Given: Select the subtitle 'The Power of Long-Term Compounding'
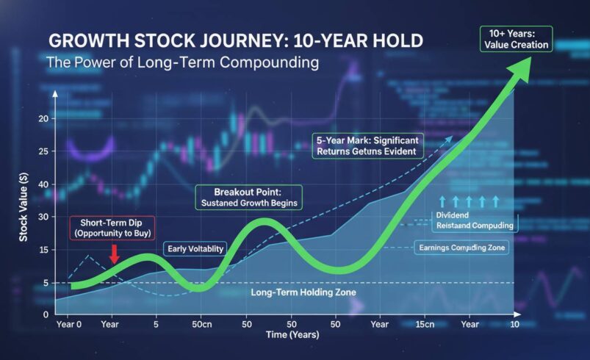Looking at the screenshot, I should [x=182, y=63].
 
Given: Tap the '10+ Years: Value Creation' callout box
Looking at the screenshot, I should [x=524, y=39].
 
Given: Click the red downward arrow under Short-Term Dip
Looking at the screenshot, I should [x=114, y=253].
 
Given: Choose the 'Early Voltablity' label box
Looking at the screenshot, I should [x=195, y=249].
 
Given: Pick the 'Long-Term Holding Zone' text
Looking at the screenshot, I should [x=303, y=292].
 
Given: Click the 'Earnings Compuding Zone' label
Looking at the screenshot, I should [x=463, y=248].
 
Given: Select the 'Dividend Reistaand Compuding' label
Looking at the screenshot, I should [x=474, y=221].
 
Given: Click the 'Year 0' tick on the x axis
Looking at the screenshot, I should [x=69, y=323].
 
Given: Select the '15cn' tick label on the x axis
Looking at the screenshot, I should [x=424, y=323].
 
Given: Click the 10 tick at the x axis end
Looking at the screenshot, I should [x=515, y=323].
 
